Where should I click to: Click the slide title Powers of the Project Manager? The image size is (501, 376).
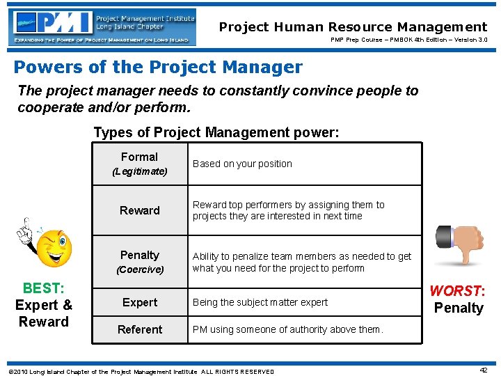(158, 68)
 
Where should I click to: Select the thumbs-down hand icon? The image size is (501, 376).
(460, 244)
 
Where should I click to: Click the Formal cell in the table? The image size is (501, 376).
(139, 157)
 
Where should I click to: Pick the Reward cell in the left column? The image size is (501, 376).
(140, 210)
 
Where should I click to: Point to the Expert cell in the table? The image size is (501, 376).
(140, 302)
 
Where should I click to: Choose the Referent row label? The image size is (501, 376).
(140, 329)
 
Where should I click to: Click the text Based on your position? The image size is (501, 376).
(242, 164)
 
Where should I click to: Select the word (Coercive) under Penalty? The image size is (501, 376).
(140, 269)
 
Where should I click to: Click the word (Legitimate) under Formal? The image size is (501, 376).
(140, 171)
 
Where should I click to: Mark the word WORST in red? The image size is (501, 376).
(455, 291)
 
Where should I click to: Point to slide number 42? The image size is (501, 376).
(483, 370)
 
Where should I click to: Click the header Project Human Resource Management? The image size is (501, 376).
(353, 27)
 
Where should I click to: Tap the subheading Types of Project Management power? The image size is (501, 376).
(216, 132)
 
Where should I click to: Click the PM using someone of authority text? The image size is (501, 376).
(287, 329)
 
